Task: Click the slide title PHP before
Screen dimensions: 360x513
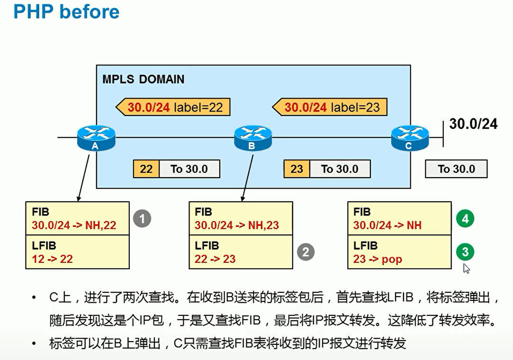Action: click(x=66, y=12)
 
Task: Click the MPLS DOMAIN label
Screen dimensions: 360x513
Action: click(x=143, y=79)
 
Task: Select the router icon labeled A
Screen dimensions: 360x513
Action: click(x=96, y=137)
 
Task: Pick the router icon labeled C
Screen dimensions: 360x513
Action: click(x=410, y=137)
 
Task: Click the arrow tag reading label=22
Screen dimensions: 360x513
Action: click(x=173, y=107)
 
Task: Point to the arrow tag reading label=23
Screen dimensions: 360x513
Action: click(x=330, y=107)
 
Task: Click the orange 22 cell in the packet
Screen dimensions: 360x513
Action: click(x=146, y=169)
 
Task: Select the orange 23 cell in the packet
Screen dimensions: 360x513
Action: click(x=297, y=169)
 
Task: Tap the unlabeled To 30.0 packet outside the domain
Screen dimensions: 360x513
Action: click(x=456, y=169)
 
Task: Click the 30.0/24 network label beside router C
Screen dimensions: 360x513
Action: click(x=473, y=124)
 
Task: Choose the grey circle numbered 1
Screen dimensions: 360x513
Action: click(x=142, y=219)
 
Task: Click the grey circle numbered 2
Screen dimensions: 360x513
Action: click(x=306, y=252)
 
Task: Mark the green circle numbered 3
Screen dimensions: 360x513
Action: click(x=465, y=252)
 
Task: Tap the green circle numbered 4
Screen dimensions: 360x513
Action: click(x=465, y=219)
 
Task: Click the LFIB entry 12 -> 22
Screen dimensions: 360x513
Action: click(x=52, y=259)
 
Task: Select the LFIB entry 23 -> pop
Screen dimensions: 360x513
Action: click(x=378, y=259)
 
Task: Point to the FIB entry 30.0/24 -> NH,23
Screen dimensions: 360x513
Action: click(x=237, y=225)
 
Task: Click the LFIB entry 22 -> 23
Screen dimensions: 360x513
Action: click(x=215, y=259)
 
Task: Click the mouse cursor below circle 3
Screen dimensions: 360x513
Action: click(x=467, y=269)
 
